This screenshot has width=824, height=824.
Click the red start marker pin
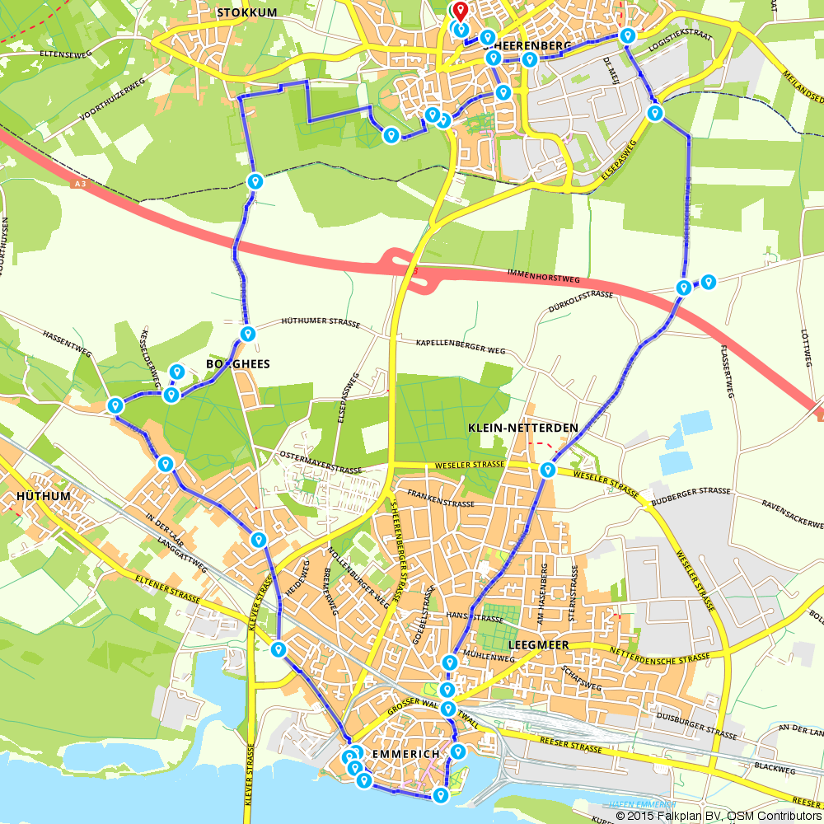[x=460, y=12]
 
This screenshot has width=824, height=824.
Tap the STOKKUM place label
[x=246, y=12]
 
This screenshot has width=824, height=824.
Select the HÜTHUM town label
[x=43, y=497]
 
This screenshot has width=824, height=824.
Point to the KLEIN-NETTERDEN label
[x=522, y=428]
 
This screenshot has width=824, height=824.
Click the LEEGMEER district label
[x=541, y=645]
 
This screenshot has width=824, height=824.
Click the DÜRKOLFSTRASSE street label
[x=580, y=302]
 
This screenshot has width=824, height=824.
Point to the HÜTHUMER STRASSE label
[x=321, y=323]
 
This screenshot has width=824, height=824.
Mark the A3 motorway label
[x=78, y=186]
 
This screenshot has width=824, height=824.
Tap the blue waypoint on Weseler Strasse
[x=547, y=470]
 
